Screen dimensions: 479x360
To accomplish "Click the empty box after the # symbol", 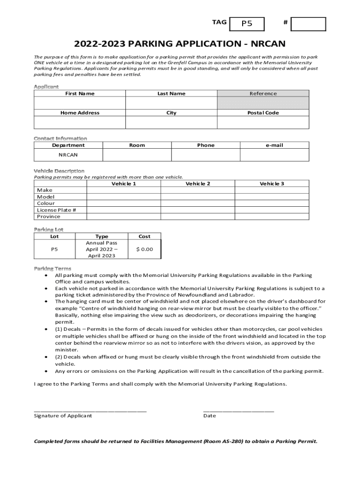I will point(308,24).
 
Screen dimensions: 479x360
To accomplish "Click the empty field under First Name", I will point(79,103).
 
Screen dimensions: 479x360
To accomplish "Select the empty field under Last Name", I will point(171,103).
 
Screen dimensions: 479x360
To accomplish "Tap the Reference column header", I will point(263,94).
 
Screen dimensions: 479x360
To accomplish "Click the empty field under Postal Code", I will point(263,122).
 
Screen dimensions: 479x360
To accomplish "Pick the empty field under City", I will point(171,122).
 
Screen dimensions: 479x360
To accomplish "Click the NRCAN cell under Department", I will point(68,155).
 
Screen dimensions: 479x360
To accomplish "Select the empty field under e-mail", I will point(274,155).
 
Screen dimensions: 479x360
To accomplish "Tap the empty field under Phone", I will point(206,155).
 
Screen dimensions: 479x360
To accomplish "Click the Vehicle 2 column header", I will point(198,184).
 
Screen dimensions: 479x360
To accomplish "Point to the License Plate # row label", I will point(57,210).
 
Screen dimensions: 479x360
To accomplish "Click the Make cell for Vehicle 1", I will point(123,190).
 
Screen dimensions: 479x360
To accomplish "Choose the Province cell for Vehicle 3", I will point(272,217).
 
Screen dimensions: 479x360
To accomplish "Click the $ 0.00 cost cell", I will point(144,249).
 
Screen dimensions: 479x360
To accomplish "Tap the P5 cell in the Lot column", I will point(54,249).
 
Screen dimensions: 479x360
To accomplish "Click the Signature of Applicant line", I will point(90,410).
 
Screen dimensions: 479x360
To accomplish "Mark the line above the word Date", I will point(238,410).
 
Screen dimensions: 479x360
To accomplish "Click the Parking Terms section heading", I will point(52,269).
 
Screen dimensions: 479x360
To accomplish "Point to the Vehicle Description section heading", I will point(59,171).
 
